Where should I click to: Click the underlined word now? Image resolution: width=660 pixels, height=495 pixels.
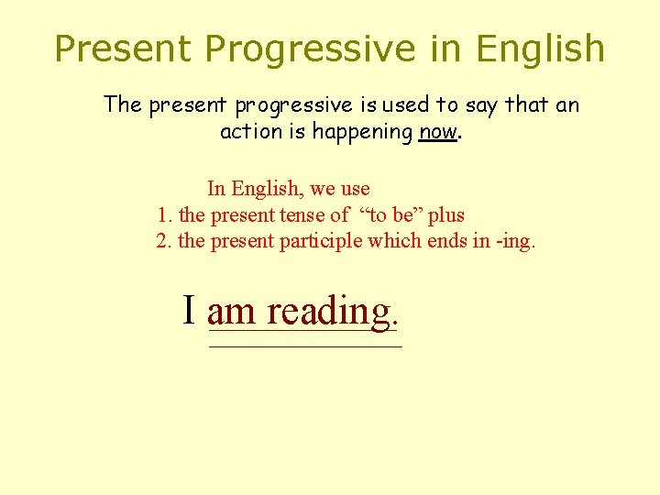tap(437, 132)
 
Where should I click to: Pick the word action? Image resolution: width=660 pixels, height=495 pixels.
tap(250, 132)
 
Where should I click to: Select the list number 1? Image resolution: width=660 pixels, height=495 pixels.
tap(164, 215)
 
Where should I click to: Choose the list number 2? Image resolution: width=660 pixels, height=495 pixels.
tap(163, 242)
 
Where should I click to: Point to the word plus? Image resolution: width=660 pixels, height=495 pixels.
tap(446, 216)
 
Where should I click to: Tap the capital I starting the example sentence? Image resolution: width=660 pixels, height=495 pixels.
tap(190, 310)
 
